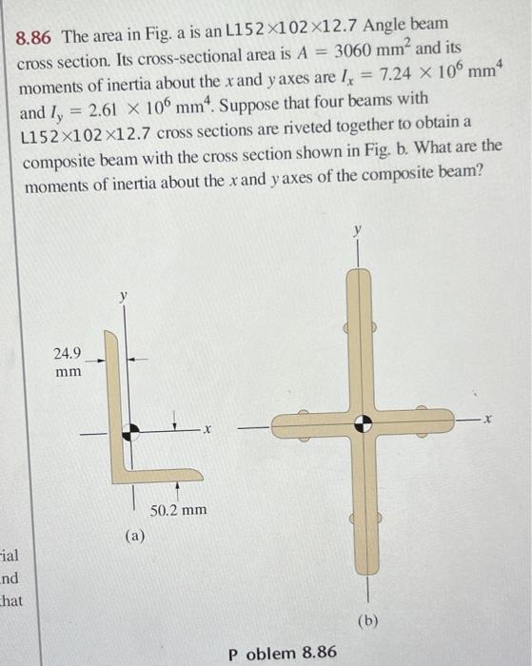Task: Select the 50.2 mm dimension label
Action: (x=179, y=510)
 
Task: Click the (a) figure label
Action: (x=134, y=536)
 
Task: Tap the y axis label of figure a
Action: (x=122, y=297)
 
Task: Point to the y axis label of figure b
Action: (x=358, y=231)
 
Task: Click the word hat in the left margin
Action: (x=11, y=599)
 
